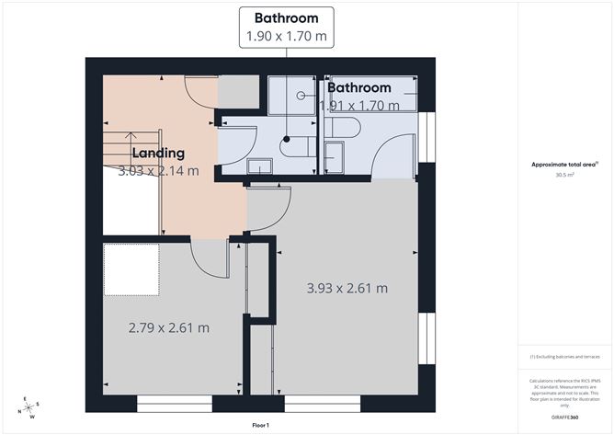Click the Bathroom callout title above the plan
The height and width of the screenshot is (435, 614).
pos(286,17)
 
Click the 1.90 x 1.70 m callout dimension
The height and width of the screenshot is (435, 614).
pos(286,37)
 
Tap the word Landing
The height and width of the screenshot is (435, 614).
pos(158,153)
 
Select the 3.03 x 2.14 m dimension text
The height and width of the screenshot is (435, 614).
pos(158,170)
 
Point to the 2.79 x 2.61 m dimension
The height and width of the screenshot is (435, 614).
pos(168,327)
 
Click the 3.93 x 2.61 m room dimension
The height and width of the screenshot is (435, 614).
pos(347,288)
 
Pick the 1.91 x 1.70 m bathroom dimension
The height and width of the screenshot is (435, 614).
pos(360,106)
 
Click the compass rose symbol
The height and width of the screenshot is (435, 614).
pos(29,407)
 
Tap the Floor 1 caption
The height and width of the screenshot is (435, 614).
pos(261,425)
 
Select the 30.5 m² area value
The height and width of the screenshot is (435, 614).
pos(563,174)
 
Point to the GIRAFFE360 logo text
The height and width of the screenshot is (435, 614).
pos(563,417)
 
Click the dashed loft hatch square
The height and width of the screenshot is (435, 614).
pos(131,269)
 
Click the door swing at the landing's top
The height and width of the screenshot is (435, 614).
pos(202,91)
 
